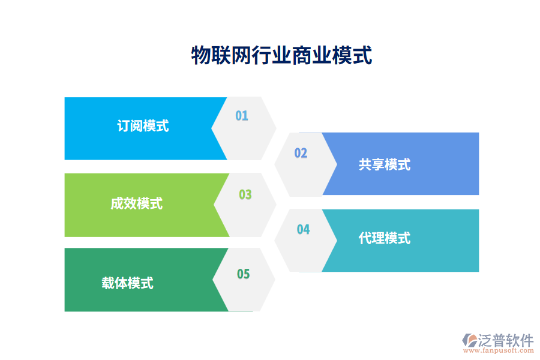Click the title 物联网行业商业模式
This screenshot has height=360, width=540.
click(x=281, y=56)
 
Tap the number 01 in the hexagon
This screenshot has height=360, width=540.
click(x=241, y=116)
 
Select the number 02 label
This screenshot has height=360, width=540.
click(x=301, y=153)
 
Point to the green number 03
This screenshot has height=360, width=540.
click(x=245, y=194)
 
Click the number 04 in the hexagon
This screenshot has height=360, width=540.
click(x=303, y=229)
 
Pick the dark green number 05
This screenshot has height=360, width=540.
click(x=243, y=274)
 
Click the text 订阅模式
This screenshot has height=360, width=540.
click(x=143, y=126)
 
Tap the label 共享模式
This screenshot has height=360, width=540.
click(x=385, y=164)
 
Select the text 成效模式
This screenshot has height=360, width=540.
click(x=136, y=203)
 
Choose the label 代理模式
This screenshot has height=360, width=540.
click(x=385, y=238)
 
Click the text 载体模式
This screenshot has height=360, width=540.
click(x=127, y=283)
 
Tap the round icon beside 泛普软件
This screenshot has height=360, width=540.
click(x=469, y=342)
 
